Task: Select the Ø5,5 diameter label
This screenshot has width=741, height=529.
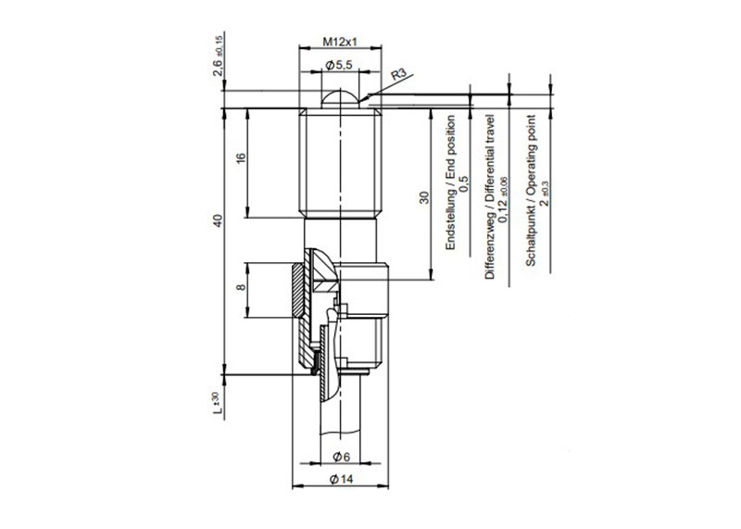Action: pos(340,65)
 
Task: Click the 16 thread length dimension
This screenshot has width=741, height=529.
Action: pos(241,159)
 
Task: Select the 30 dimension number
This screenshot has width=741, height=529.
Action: pos(423,197)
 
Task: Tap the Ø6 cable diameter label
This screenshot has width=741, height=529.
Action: pos(340,457)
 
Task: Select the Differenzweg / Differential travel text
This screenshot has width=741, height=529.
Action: pos(490,198)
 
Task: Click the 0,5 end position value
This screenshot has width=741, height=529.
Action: pos(464,183)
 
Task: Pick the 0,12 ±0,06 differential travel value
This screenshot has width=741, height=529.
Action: pos(503,198)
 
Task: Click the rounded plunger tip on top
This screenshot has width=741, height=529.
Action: pos(340,96)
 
